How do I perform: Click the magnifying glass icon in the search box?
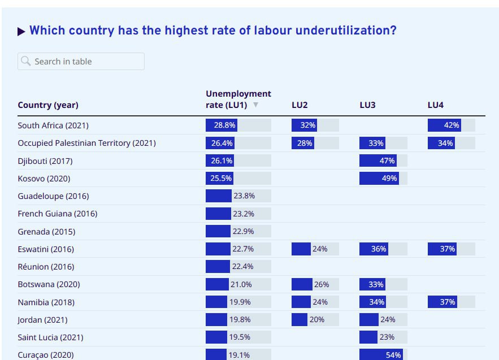click(x=26, y=61)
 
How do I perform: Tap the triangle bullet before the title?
click(x=21, y=32)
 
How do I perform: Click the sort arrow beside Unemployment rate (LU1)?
click(x=255, y=105)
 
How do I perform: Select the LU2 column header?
click(x=300, y=105)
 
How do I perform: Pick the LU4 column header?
click(x=435, y=105)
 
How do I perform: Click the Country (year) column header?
click(x=48, y=105)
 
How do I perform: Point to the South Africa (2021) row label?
click(x=53, y=125)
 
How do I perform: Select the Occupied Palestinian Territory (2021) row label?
click(x=86, y=143)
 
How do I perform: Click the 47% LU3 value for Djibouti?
click(x=387, y=161)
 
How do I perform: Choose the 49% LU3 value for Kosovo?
click(x=389, y=179)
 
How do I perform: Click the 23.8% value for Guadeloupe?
click(x=244, y=196)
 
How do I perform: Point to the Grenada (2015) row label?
click(x=46, y=232)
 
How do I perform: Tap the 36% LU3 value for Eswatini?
click(x=379, y=249)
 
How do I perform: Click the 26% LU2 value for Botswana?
click(x=322, y=284)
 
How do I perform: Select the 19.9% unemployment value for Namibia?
click(x=240, y=302)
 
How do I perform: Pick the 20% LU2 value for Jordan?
click(x=317, y=320)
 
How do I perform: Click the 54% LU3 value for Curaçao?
click(x=393, y=355)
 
